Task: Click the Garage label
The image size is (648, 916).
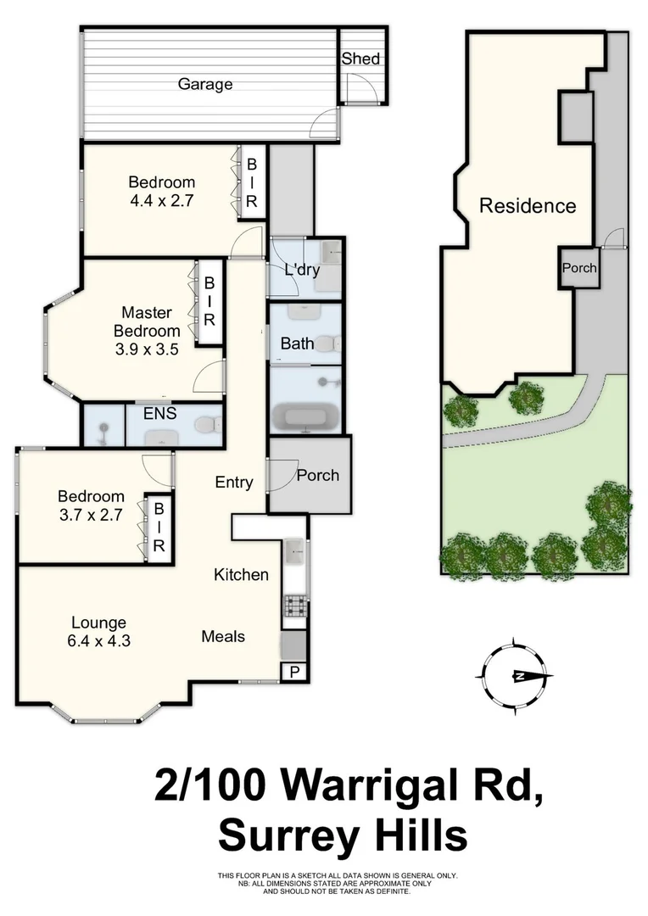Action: (204, 84)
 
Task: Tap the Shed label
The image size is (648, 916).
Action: (360, 59)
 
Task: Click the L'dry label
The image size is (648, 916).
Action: (301, 271)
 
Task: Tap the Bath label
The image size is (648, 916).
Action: (297, 343)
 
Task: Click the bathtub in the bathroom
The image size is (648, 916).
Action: (304, 417)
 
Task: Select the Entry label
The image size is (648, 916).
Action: (233, 482)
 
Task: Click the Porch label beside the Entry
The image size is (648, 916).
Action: (317, 475)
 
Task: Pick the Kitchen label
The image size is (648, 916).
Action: (241, 574)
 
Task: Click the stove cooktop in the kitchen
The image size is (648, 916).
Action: (293, 605)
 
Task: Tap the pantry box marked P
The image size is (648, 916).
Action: (293, 672)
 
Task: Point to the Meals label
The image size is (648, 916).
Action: (223, 636)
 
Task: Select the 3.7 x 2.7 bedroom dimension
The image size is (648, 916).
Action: (90, 514)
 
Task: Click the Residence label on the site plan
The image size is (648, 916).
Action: (528, 205)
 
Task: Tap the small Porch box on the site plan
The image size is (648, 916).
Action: (579, 268)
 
